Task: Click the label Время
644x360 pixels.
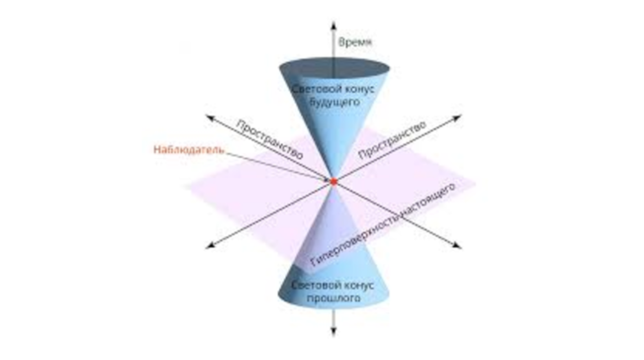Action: click(355, 42)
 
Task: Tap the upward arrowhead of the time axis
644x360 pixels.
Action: click(333, 25)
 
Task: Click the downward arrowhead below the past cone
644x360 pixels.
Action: click(333, 331)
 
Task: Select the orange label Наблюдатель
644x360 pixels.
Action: click(189, 149)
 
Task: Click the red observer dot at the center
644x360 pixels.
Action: click(334, 181)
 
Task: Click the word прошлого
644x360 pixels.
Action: click(334, 297)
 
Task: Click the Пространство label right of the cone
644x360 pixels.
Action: click(392, 140)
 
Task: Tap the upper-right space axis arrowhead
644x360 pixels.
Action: click(456, 118)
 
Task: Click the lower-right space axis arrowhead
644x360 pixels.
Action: click(456, 245)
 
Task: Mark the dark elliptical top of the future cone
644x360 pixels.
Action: click(334, 68)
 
